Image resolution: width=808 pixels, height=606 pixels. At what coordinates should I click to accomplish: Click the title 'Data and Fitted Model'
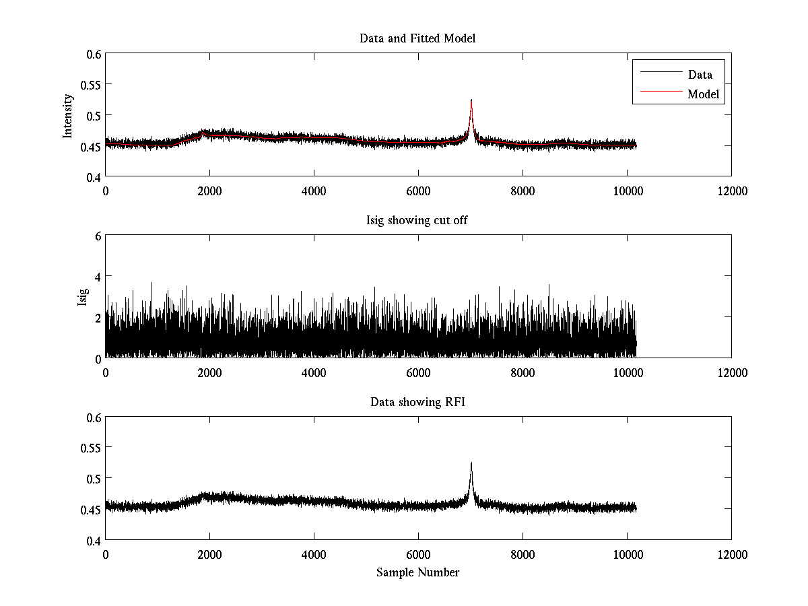pos(417,38)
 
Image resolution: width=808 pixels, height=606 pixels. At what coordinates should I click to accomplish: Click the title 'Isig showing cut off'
pos(417,220)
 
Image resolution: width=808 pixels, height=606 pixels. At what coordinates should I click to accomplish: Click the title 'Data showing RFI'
pos(417,402)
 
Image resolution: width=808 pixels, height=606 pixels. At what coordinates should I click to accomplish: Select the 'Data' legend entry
pos(700,75)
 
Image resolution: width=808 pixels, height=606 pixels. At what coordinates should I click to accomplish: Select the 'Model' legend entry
pos(703,94)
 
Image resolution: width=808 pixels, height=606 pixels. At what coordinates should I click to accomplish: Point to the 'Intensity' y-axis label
pos(67,116)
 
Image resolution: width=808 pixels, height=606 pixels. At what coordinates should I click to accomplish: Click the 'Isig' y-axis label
pos(83,297)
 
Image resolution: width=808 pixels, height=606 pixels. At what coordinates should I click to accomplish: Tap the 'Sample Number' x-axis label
pos(417,572)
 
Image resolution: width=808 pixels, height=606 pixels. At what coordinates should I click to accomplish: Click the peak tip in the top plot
pos(471,100)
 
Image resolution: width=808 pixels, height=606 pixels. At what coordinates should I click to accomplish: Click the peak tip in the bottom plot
pos(471,463)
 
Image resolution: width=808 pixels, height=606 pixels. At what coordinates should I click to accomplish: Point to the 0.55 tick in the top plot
pos(90,85)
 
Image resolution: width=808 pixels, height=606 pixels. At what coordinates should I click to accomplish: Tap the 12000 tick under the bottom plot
pos(731,553)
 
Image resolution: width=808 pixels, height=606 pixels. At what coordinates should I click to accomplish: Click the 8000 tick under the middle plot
pos(523,372)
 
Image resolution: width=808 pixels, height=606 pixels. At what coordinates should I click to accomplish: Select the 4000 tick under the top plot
pos(314,191)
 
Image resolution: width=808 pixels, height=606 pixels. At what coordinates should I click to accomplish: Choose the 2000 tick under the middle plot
pos(209,372)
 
